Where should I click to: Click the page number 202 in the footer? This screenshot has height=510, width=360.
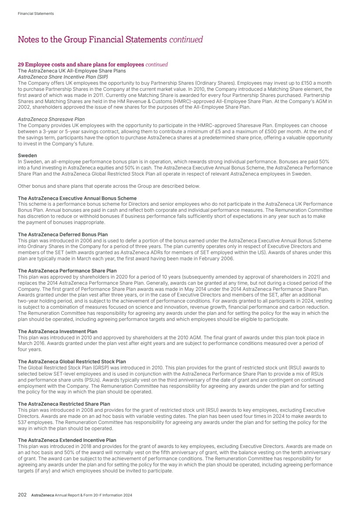tap(22, 495)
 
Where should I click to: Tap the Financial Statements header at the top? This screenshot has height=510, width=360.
tap(36, 14)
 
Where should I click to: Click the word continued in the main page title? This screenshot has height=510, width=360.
tap(186, 40)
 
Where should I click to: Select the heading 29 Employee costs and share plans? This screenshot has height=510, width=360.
tap(81, 65)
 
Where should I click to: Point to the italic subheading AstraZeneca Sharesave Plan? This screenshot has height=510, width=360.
tap(51, 119)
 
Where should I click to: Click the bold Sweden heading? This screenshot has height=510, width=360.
tap(27, 155)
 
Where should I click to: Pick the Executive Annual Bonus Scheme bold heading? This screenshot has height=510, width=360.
tap(77, 198)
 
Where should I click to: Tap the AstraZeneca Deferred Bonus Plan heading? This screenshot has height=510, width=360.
tap(62, 234)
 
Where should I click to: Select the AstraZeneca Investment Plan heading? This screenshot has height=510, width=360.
tap(57, 331)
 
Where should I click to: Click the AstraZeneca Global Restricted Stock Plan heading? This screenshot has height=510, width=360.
tap(72, 362)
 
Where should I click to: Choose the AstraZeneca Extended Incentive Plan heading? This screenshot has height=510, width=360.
tap(67, 440)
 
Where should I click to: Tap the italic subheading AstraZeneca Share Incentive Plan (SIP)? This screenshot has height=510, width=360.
tap(62, 76)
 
